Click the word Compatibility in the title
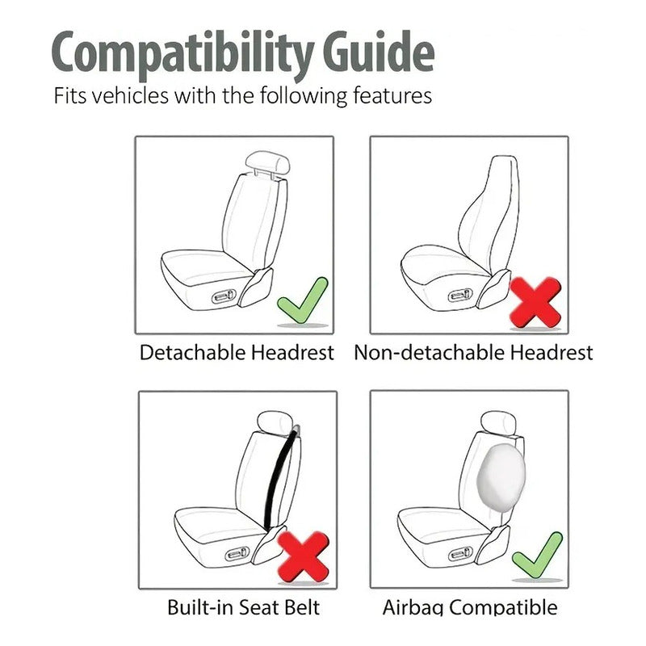point(182,55)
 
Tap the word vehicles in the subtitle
point(131,95)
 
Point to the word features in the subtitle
point(392,95)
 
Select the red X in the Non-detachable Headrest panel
point(535,302)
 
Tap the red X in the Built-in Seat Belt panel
point(304,557)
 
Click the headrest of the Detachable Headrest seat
point(267,162)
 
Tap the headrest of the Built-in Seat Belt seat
point(275,422)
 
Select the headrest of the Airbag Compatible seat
point(498,422)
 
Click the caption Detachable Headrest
point(237,353)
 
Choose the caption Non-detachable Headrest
point(473,353)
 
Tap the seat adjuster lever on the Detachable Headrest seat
point(224,296)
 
